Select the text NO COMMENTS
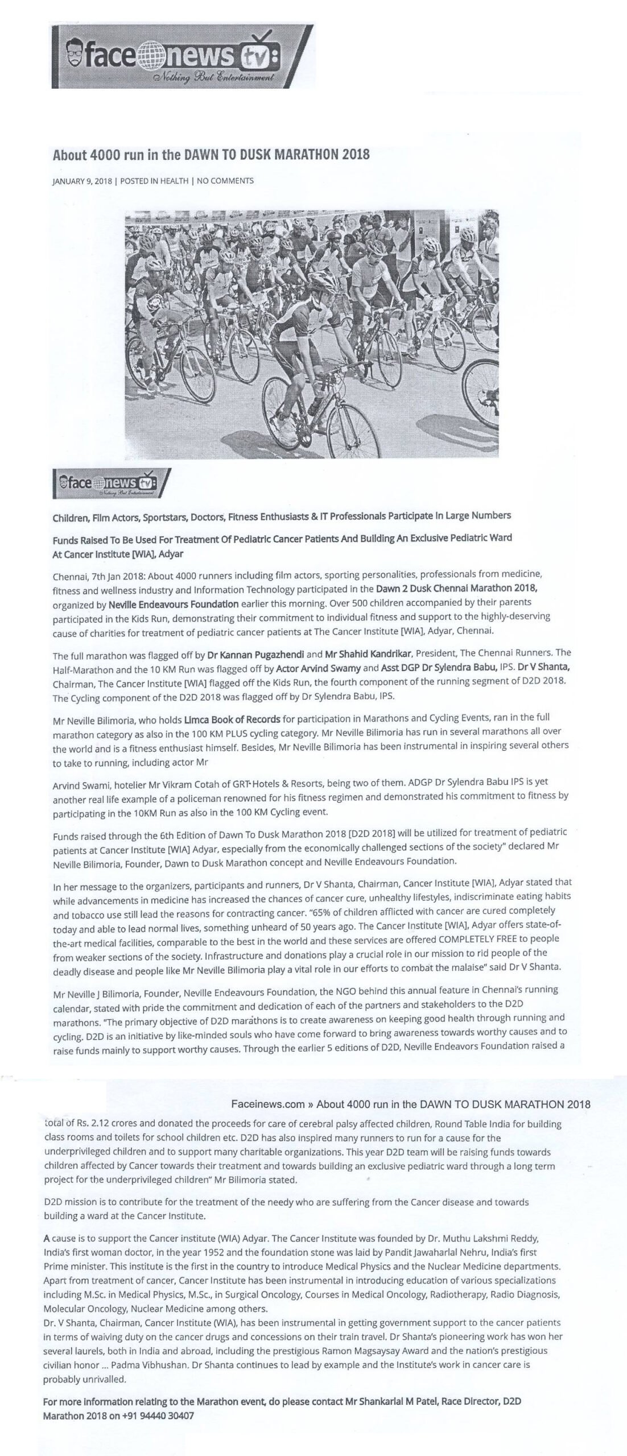(x=225, y=181)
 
